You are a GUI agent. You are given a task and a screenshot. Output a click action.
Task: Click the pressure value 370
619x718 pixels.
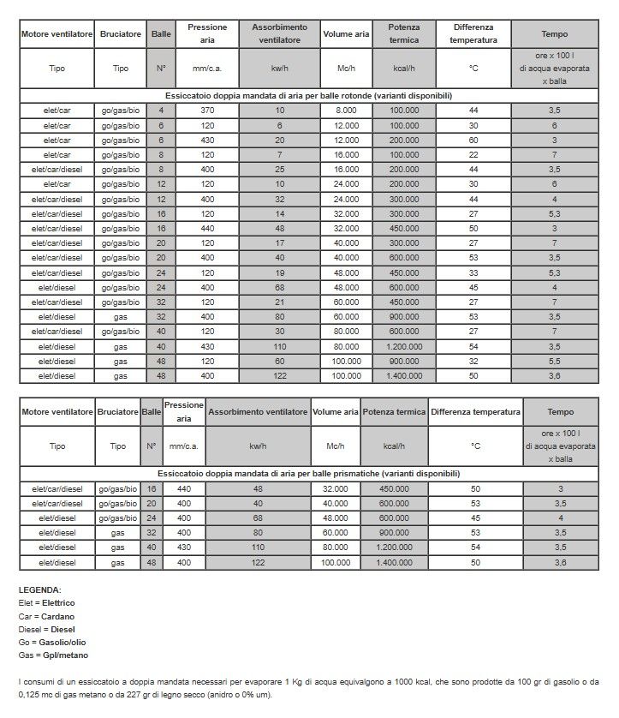207,111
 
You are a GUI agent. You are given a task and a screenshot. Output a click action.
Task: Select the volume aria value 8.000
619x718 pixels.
346,111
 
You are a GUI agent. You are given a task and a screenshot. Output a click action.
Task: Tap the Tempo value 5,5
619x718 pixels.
555,361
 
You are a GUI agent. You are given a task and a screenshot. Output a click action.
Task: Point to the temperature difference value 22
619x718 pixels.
473,154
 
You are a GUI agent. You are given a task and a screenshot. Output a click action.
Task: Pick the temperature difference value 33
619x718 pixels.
473,273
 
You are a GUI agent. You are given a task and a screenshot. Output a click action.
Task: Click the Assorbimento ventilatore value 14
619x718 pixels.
279,213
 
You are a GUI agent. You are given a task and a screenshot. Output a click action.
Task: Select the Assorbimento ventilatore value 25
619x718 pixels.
279,170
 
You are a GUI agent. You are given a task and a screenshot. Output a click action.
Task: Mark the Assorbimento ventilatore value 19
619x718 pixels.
279,273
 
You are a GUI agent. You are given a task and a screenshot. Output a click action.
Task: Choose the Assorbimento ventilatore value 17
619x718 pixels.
279,243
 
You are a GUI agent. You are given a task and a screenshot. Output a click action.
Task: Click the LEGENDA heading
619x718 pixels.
39,590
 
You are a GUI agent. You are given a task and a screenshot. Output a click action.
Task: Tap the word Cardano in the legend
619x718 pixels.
57,616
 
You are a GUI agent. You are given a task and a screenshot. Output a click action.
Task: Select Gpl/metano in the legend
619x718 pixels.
64,655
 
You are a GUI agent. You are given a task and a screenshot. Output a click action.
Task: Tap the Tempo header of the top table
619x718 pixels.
555,33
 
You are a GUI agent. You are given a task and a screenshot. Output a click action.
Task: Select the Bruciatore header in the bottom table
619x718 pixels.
118,413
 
